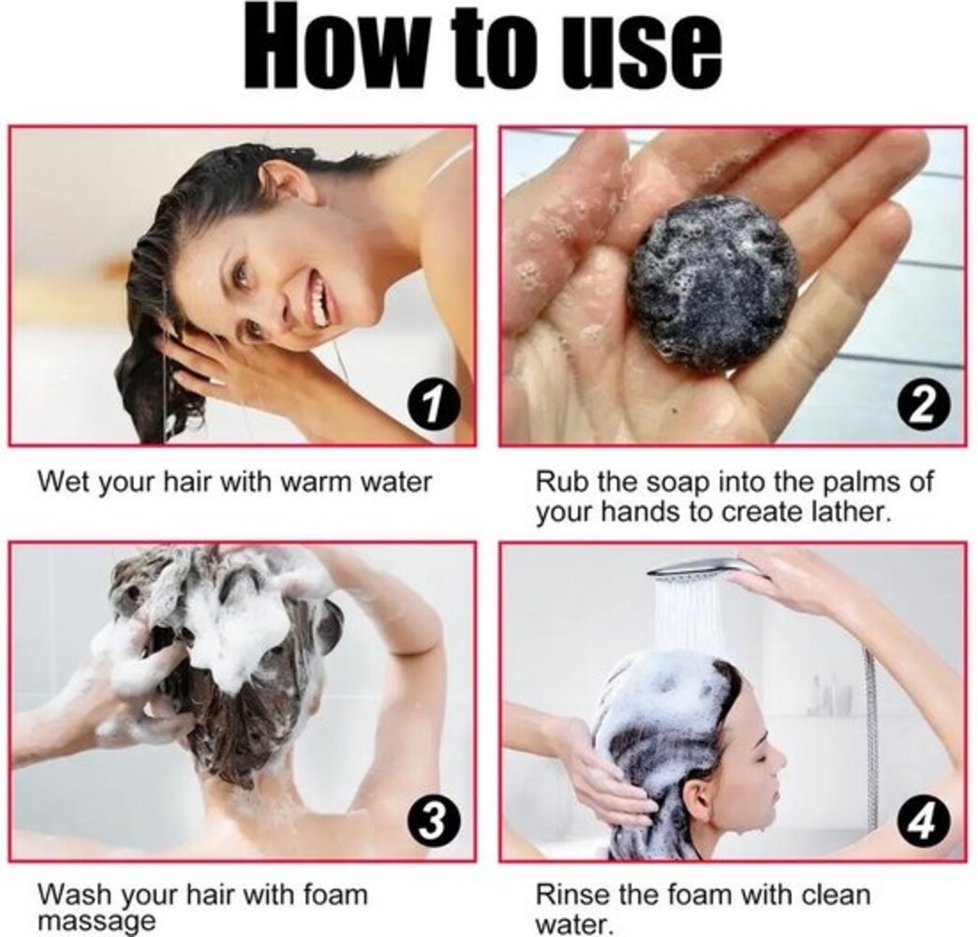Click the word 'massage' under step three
pyautogui.click(x=96, y=920)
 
